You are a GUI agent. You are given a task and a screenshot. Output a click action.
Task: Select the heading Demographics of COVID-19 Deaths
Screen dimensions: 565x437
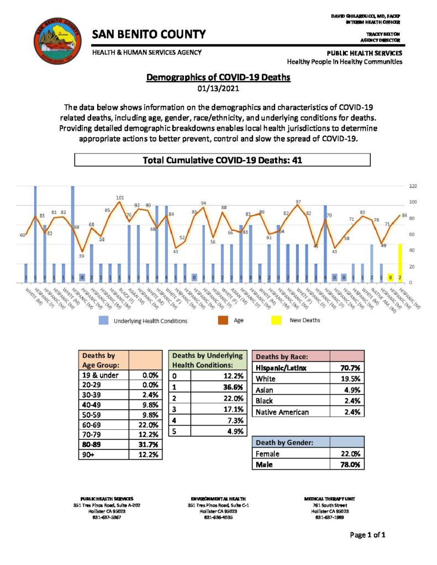[x=218, y=78]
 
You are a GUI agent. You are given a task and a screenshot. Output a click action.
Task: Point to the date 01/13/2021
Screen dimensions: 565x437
[x=218, y=88]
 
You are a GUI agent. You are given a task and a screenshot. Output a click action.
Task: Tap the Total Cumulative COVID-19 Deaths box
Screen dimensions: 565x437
[x=222, y=161]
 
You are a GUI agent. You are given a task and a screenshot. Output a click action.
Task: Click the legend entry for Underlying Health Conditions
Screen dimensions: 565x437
[x=143, y=320]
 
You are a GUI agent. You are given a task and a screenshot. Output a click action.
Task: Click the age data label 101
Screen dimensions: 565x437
[x=120, y=198]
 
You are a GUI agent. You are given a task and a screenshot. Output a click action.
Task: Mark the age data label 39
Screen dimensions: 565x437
[x=81, y=255]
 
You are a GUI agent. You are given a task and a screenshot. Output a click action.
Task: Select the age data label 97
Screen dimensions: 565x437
[x=298, y=202]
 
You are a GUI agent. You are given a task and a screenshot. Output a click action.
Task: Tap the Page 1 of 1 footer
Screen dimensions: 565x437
[x=367, y=535]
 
